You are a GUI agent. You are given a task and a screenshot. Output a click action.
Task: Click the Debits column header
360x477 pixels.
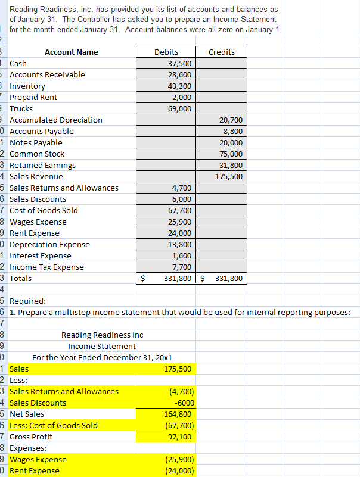pyautogui.click(x=166, y=52)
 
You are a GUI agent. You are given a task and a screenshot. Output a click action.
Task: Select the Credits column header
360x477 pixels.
pyautogui.click(x=222, y=52)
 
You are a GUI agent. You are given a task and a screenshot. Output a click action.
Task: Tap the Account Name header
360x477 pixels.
pyautogui.click(x=72, y=52)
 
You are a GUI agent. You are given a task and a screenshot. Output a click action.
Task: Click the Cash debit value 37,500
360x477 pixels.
pyautogui.click(x=180, y=64)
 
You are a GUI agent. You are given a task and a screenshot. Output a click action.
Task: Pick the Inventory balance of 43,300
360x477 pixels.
pyautogui.click(x=180, y=86)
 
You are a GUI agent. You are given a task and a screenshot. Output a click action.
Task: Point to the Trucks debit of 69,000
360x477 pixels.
pyautogui.click(x=180, y=109)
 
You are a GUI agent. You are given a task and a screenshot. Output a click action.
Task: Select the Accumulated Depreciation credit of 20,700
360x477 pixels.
pyautogui.click(x=231, y=120)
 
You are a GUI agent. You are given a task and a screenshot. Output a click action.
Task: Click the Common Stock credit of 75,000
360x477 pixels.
pyautogui.click(x=231, y=154)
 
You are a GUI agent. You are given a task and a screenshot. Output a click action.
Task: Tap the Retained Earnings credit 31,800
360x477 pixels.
pyautogui.click(x=231, y=166)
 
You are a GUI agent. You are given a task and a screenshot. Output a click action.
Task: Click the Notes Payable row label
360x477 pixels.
pyautogui.click(x=36, y=143)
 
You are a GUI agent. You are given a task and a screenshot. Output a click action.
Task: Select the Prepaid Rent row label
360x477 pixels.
pyautogui.click(x=33, y=98)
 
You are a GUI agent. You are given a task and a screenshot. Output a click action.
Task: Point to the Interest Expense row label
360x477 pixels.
pyautogui.click(x=41, y=256)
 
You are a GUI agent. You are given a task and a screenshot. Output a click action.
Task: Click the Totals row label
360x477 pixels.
pyautogui.click(x=21, y=279)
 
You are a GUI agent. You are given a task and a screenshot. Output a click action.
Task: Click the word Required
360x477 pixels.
pyautogui.click(x=24, y=301)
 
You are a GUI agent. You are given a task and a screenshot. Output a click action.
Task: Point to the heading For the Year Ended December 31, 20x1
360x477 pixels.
pyautogui.click(x=102, y=358)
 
